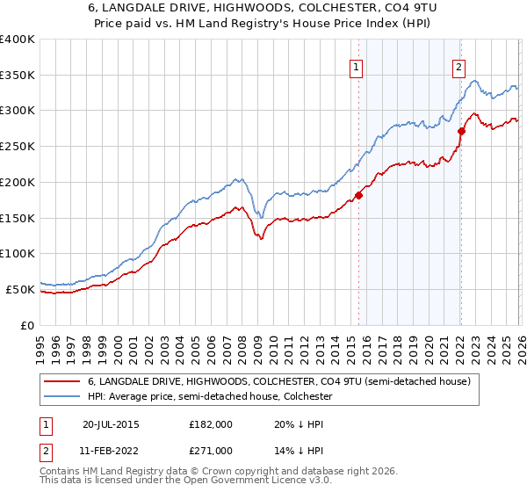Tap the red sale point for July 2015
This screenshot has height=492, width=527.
coord(358,195)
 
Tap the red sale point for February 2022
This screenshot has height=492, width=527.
coord(460,132)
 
